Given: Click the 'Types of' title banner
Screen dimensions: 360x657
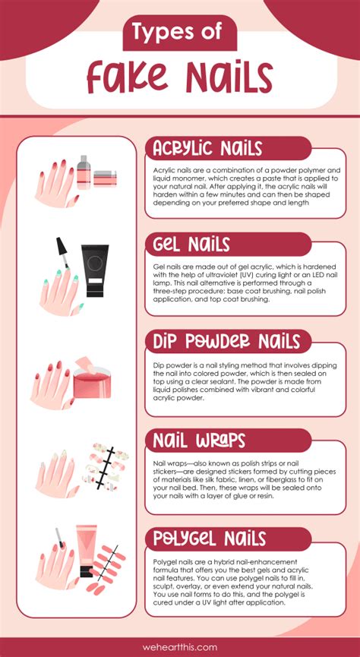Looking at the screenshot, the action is pyautogui.click(x=180, y=33).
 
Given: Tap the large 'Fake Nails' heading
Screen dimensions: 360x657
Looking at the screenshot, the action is pyautogui.click(x=180, y=77).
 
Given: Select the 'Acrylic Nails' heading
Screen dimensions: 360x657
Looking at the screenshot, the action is pyautogui.click(x=207, y=148).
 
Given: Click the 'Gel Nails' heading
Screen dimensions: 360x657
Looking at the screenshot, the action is pyautogui.click(x=191, y=245).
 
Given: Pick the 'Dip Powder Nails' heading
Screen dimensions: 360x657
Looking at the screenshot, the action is pyautogui.click(x=226, y=342).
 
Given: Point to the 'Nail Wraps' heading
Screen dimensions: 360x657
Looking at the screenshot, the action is pyautogui.click(x=200, y=441).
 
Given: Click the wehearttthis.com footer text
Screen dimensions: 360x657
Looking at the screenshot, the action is pyautogui.click(x=180, y=647).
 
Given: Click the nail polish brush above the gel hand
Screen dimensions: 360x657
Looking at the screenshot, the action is pyautogui.click(x=62, y=252).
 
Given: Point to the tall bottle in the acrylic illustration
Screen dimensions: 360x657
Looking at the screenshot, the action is pyautogui.click(x=84, y=172).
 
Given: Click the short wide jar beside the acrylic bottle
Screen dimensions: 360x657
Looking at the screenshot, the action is pyautogui.click(x=106, y=178).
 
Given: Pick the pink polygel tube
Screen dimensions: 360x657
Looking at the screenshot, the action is pyautogui.click(x=87, y=551).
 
